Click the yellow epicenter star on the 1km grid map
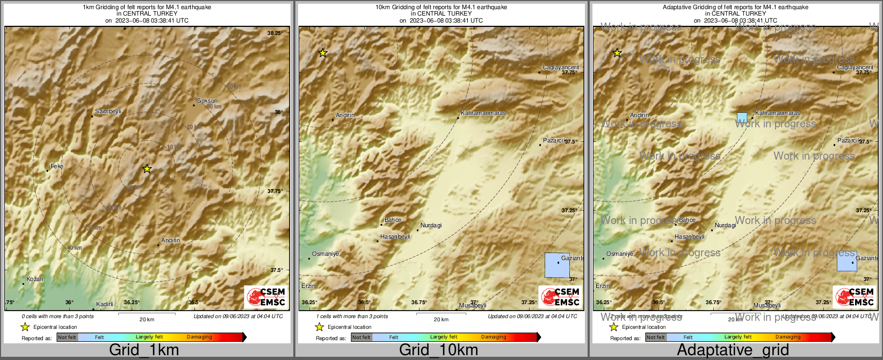[x=147, y=169]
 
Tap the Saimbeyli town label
[x=108, y=111]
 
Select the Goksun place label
[x=207, y=100]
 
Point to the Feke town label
[x=57, y=166]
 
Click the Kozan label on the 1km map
[x=34, y=279]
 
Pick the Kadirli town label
[x=105, y=304]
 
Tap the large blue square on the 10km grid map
[x=557, y=265]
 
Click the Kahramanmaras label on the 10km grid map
[x=483, y=113]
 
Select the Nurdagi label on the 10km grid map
[x=431, y=225]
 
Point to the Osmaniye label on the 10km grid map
[x=325, y=254]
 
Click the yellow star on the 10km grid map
[x=322, y=53]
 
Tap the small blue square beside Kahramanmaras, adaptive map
[x=742, y=117]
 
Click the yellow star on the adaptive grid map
[x=617, y=53]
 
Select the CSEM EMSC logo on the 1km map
[x=265, y=297]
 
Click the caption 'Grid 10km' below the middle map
[x=438, y=350]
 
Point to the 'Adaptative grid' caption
[x=733, y=350]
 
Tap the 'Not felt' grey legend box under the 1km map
[x=67, y=337]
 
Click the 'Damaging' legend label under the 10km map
[x=494, y=337]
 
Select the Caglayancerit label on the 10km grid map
[x=561, y=67]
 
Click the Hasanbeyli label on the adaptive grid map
[x=690, y=236]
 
